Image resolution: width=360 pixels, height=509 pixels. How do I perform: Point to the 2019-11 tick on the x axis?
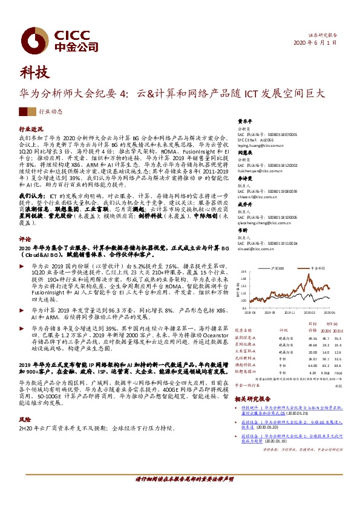pyautogui.click(x=289, y=313)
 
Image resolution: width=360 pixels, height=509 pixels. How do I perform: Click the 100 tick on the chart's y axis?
pyautogui.click(x=243, y=300)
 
